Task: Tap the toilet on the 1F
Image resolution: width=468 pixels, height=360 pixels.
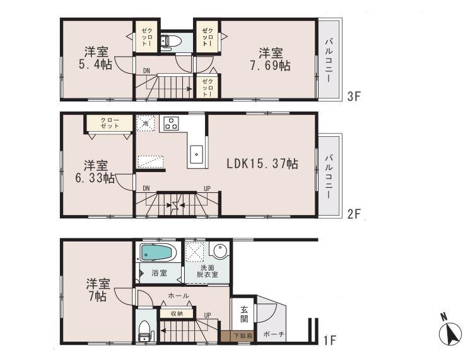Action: coord(144,328)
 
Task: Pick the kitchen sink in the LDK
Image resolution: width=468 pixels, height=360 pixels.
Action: coord(196,153)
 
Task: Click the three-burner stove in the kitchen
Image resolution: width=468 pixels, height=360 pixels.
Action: coord(171,122)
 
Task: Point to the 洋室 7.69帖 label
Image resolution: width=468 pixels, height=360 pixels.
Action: coord(272,58)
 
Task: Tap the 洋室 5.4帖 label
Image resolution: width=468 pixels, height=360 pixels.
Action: coord(95,57)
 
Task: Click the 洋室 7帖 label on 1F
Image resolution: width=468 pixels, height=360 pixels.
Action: coord(97,291)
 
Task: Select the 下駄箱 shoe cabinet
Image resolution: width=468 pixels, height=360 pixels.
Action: coord(241,335)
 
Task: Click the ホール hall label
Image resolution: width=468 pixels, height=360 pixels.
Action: coord(178,295)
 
